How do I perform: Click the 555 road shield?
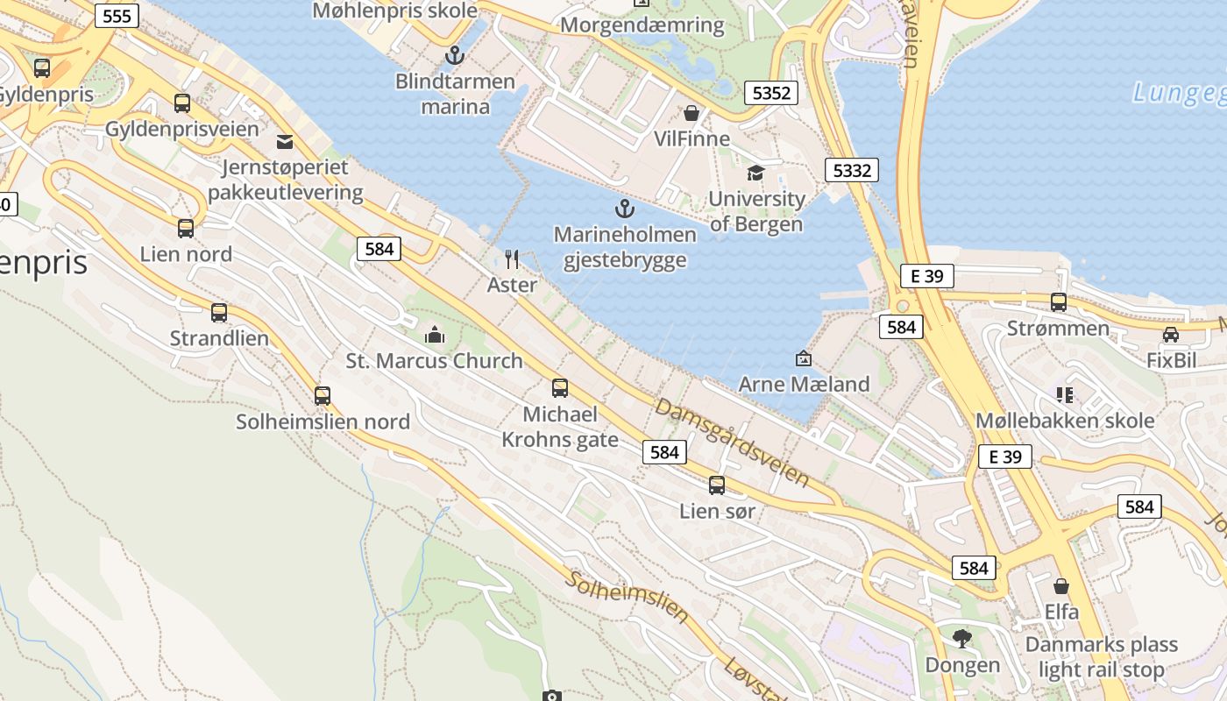point(117,16)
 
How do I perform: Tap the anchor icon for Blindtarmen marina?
point(454,56)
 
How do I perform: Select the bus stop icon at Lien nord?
point(186,229)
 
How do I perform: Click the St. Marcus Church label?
point(434,361)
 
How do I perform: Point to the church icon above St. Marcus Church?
point(434,335)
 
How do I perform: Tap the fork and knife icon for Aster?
point(512,259)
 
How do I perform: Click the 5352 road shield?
point(771,92)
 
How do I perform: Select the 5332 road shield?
point(852,170)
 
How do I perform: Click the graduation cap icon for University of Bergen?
point(755,173)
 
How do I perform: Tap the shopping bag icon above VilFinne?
point(692,113)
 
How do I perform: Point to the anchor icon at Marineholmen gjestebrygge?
point(624,209)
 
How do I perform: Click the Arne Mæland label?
point(804,384)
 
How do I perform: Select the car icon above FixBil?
point(1171,334)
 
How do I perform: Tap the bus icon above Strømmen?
point(1059,302)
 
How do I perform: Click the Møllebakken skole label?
point(1065,421)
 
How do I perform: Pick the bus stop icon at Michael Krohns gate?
point(560,387)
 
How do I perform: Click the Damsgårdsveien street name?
point(733,443)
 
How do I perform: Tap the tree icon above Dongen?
point(962,639)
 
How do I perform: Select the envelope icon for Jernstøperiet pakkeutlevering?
point(285,141)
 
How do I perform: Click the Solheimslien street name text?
point(627,597)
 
